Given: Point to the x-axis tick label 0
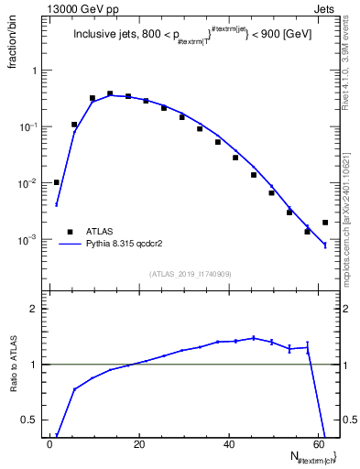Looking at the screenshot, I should [49, 443].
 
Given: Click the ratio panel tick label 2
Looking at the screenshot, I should [33, 309].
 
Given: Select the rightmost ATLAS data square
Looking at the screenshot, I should [325, 223].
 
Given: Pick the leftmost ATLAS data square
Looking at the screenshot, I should [56, 182].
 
